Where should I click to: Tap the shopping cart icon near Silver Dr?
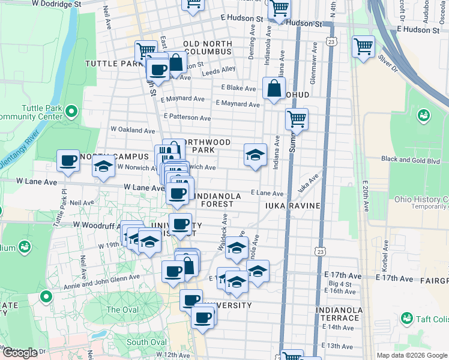pyautogui.click(x=363, y=46)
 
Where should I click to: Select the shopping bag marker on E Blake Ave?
pyautogui.click(x=274, y=89)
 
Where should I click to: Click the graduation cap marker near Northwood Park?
pyautogui.click(x=255, y=155)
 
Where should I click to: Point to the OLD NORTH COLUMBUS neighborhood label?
pyautogui.click(x=207, y=48)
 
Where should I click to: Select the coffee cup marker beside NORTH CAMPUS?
pyautogui.click(x=68, y=160)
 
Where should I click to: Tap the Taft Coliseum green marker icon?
pyautogui.click(x=407, y=317)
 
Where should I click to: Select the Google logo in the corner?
pyautogui.click(x=20, y=353)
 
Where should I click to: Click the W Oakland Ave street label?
pyautogui.click(x=133, y=130)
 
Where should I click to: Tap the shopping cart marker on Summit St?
pyautogui.click(x=297, y=119)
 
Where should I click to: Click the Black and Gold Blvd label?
pyautogui.click(x=411, y=160)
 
